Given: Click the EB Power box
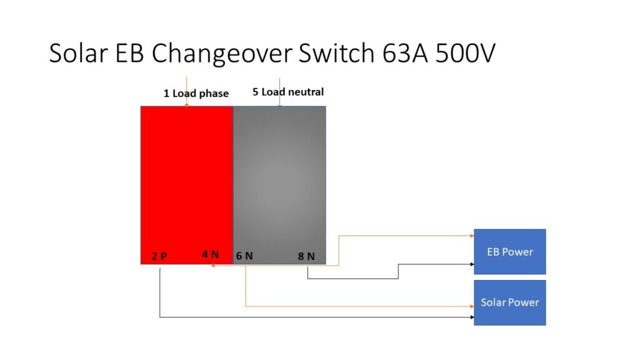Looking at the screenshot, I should [x=509, y=251].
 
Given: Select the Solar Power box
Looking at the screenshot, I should [x=509, y=302].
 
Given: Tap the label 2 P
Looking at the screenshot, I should [x=159, y=256].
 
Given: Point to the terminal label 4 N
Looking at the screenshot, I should [x=210, y=254].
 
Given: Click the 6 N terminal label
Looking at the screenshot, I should [x=244, y=256].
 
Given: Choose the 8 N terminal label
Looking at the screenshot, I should [x=306, y=256].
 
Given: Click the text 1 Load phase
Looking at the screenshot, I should [x=196, y=94].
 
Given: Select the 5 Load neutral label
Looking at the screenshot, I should [x=288, y=92].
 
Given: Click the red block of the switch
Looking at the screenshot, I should [x=186, y=181].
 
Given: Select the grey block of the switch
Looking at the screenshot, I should [x=279, y=181].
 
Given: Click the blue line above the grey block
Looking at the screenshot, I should [x=279, y=94].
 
